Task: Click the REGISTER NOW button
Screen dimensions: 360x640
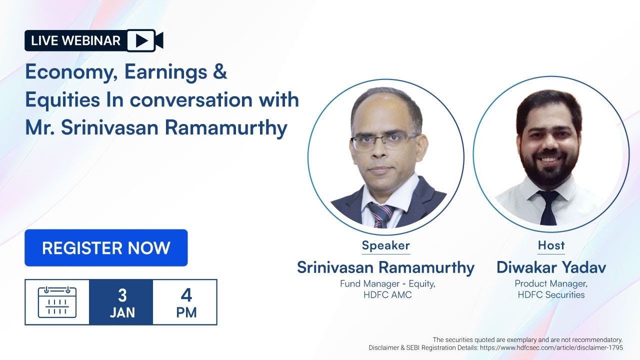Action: coord(106,248)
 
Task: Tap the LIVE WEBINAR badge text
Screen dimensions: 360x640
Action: coord(75,40)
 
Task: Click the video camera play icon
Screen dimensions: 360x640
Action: coord(144,40)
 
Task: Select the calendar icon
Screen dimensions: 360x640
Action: coord(57,302)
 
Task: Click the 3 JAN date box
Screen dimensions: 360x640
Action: coord(121,302)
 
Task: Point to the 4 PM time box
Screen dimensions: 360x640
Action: coord(185,302)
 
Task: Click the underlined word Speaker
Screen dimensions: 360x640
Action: coord(385,245)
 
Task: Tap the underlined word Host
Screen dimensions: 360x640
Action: coord(551,245)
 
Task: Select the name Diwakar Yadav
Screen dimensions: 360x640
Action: coord(551,267)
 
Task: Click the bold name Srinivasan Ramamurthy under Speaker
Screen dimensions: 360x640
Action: coord(385,267)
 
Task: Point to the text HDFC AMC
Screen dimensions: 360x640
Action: coord(387,295)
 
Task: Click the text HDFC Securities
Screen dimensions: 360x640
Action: coord(551,295)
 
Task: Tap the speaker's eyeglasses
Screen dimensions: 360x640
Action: coord(385,141)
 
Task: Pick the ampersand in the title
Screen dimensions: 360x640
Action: coord(220,72)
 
